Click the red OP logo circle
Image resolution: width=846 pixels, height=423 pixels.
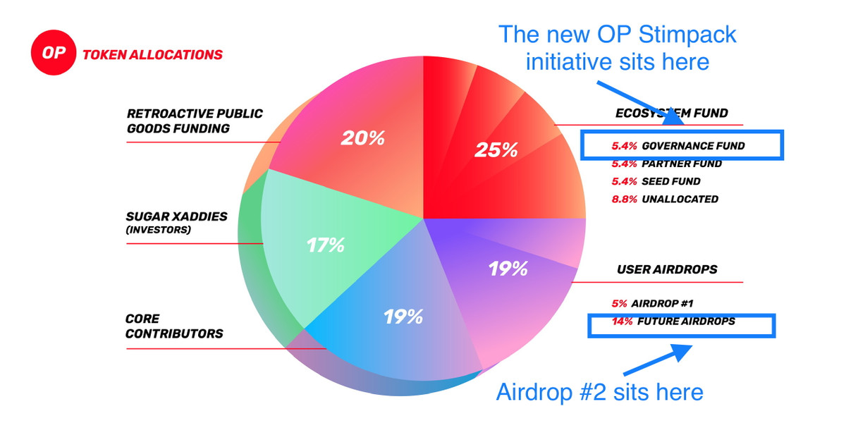click(x=54, y=52)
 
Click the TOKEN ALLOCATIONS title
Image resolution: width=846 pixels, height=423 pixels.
click(x=152, y=55)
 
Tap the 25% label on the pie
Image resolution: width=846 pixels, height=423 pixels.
click(x=496, y=150)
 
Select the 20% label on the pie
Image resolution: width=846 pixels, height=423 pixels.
click(x=362, y=138)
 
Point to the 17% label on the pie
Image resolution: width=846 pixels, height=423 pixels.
click(x=325, y=245)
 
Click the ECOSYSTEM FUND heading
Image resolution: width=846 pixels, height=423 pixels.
click(x=671, y=113)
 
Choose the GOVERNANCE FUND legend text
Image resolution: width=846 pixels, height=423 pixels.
click(x=694, y=146)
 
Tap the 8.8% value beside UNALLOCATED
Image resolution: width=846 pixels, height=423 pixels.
click(x=625, y=199)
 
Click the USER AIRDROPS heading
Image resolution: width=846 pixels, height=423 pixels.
click(x=667, y=269)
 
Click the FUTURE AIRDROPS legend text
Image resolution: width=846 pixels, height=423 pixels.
click(x=686, y=321)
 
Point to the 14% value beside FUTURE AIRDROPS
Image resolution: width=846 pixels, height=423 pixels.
click(x=622, y=321)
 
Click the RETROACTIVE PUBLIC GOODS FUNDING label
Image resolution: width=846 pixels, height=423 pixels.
click(x=195, y=121)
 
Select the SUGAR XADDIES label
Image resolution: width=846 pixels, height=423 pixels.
click(x=176, y=216)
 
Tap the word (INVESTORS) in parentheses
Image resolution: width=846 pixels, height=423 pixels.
click(x=158, y=230)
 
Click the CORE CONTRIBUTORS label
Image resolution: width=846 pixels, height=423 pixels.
click(x=174, y=326)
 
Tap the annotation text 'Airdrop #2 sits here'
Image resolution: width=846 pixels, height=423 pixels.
click(x=600, y=392)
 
